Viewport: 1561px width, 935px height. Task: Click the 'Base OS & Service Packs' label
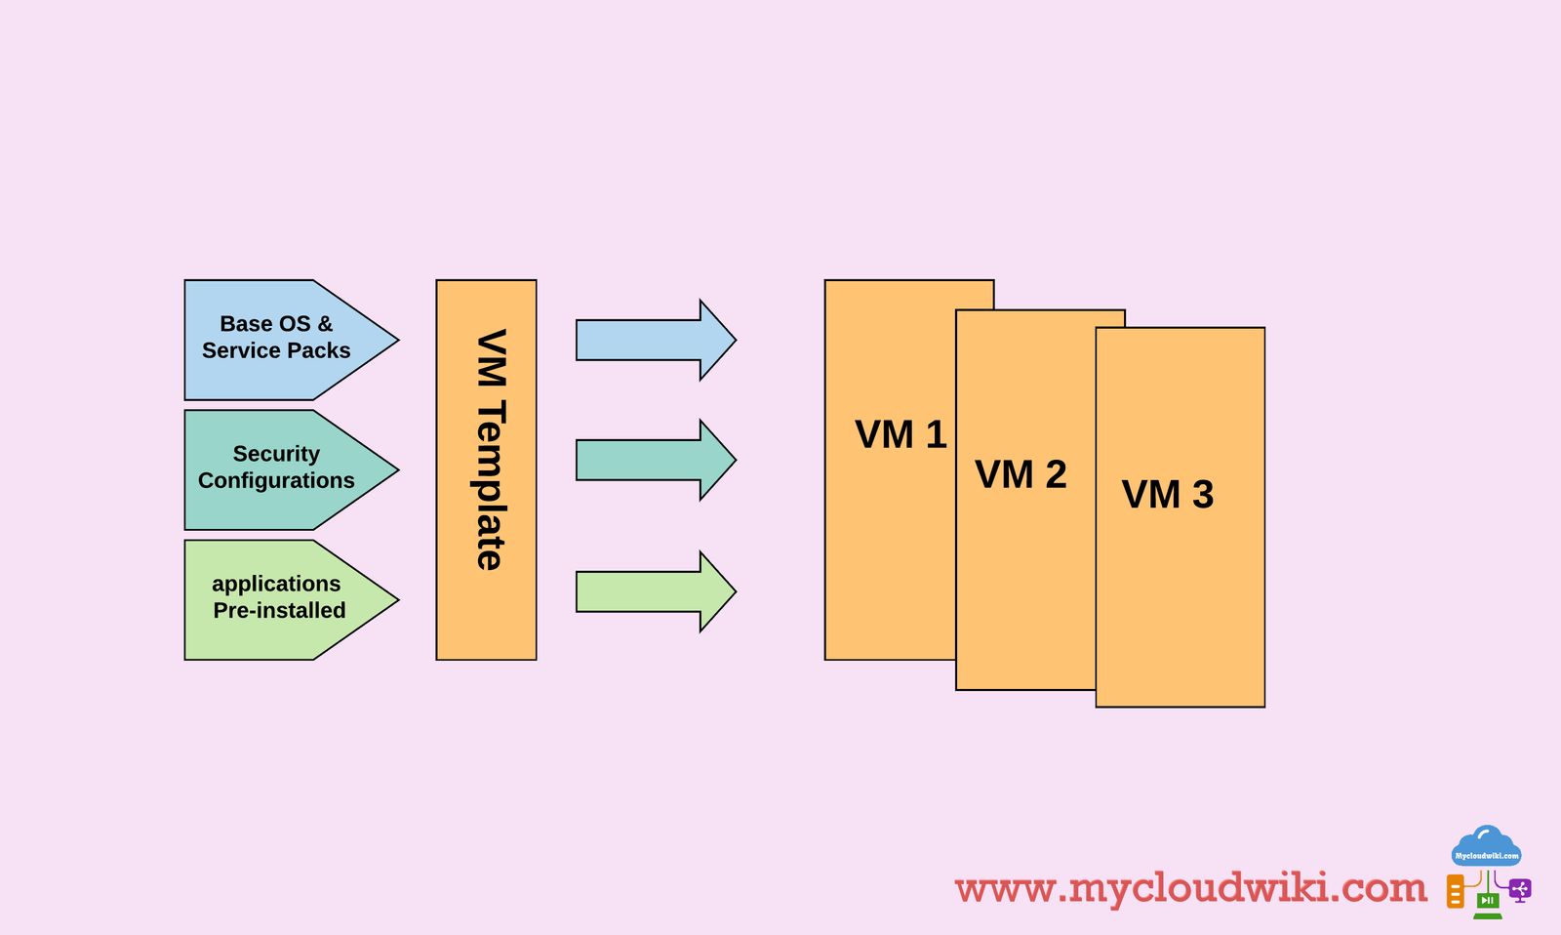click(x=276, y=337)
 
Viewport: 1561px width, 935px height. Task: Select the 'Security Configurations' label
click(x=276, y=467)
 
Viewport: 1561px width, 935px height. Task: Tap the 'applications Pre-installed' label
click(x=278, y=596)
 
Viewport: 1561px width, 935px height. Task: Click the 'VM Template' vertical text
click(x=490, y=450)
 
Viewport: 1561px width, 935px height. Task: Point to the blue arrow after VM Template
click(x=655, y=340)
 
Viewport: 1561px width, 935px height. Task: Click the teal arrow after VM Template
click(x=655, y=460)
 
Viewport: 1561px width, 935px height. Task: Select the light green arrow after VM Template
click(x=655, y=591)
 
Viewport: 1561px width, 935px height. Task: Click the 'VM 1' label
click(x=901, y=434)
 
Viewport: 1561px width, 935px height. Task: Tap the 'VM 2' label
click(x=1021, y=474)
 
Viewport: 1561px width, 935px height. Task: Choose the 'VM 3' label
click(x=1167, y=495)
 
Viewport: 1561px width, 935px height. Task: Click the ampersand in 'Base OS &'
click(x=325, y=324)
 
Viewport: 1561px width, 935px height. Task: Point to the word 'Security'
click(x=276, y=454)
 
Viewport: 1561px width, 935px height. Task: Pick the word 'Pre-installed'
click(x=279, y=610)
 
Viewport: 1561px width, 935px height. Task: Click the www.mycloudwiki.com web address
click(x=1190, y=888)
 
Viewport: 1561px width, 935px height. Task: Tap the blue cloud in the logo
click(x=1486, y=847)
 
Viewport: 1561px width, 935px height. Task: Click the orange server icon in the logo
click(x=1456, y=891)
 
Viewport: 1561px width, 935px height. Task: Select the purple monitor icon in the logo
click(x=1519, y=890)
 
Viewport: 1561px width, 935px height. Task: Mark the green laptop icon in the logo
click(x=1487, y=903)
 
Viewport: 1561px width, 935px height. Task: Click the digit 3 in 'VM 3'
click(x=1203, y=495)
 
